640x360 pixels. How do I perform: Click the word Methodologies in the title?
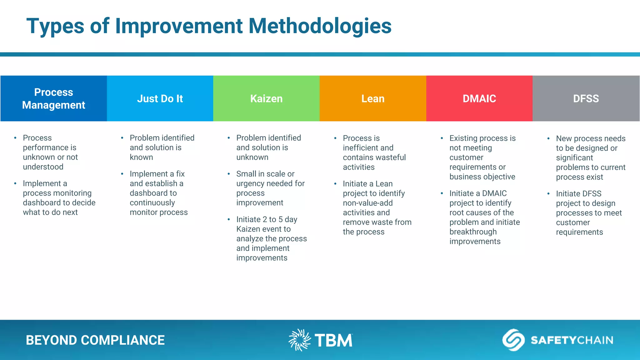tap(319, 26)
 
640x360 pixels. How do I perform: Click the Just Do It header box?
tap(160, 98)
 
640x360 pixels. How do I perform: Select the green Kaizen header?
tap(266, 98)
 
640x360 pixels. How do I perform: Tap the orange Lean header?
tap(373, 98)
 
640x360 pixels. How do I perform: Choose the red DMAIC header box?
tap(479, 98)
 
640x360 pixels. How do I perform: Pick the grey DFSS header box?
tap(586, 98)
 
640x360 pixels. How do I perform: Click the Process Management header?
tap(53, 98)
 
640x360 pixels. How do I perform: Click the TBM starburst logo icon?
tap(299, 340)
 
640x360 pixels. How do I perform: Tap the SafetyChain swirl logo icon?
tap(513, 340)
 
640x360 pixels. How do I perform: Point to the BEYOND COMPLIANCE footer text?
tap(95, 340)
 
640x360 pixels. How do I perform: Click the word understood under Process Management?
tap(43, 167)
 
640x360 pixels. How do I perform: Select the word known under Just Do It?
tap(141, 157)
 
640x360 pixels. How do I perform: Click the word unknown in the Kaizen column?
tap(252, 157)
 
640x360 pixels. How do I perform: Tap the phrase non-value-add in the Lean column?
tap(367, 203)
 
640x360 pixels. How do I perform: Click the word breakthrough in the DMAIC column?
tap(473, 232)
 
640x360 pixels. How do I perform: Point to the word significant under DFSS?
tap(574, 158)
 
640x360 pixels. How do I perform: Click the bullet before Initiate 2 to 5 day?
tap(229, 219)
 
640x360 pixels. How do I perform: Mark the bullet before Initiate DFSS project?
tap(548, 194)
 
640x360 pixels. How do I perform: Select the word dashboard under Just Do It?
tap(153, 193)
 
